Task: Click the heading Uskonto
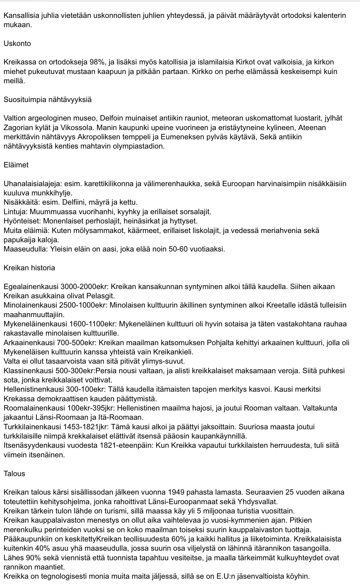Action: pyautogui.click(x=17, y=44)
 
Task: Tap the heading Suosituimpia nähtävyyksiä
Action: pyautogui.click(x=48, y=100)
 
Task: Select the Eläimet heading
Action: pyautogui.click(x=16, y=165)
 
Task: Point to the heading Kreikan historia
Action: pyautogui.click(x=29, y=268)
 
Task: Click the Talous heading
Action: pyautogui.click(x=14, y=473)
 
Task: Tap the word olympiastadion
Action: pyautogui.click(x=139, y=146)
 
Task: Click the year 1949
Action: pyautogui.click(x=179, y=492)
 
